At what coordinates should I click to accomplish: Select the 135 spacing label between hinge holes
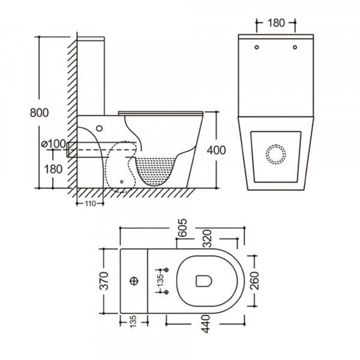pos(160,280)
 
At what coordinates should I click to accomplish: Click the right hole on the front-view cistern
pos(295,47)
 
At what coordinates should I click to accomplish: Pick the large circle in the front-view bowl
pos(275,154)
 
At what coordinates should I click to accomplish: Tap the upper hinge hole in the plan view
pos(167,268)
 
